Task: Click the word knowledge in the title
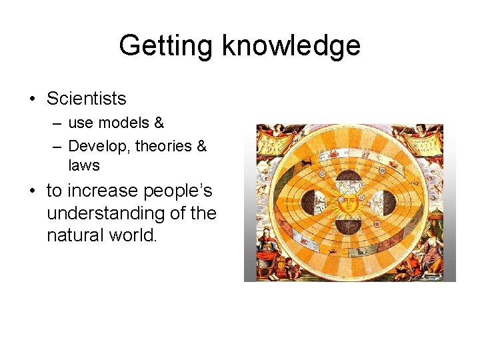[x=291, y=45]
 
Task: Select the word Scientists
[x=86, y=99]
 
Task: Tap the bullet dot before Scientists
[x=33, y=99]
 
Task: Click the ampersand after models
[x=159, y=123]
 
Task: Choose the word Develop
[x=98, y=145]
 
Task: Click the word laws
[x=83, y=165]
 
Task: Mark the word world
[x=133, y=235]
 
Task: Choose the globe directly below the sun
[x=347, y=225]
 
